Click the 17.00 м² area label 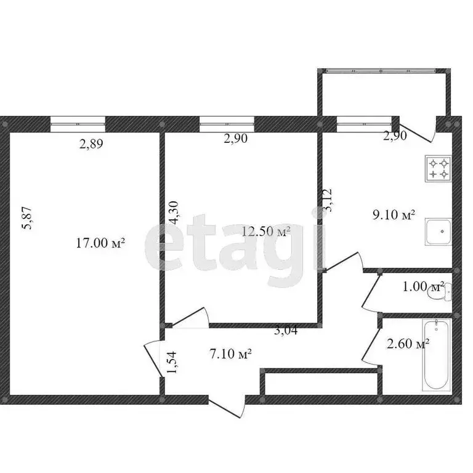point(100,243)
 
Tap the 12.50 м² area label point(266,232)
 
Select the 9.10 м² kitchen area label point(394,215)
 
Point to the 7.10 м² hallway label point(230,354)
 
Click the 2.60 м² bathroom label point(408,344)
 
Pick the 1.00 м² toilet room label point(424,286)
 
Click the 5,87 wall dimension point(27,218)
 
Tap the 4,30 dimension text point(174,212)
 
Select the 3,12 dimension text point(327,200)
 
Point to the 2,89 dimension point(91,144)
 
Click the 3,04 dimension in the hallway point(286,331)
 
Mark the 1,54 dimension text point(172,362)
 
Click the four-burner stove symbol point(439,169)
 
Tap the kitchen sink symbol point(439,232)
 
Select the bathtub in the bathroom point(437,355)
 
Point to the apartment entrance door point(227,408)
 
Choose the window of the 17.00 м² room point(78,124)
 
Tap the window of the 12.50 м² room point(227,124)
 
